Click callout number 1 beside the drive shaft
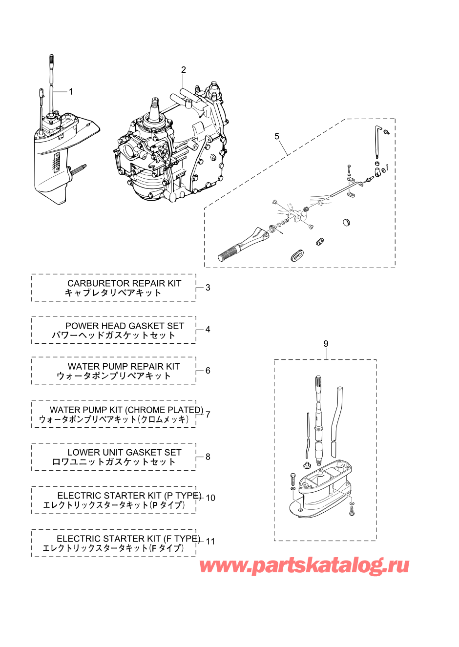(71, 92)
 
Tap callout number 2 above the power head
(184, 70)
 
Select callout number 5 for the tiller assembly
(277, 136)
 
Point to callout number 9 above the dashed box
(326, 344)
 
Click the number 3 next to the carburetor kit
(208, 288)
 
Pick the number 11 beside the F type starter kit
(210, 542)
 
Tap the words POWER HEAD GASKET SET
(125, 326)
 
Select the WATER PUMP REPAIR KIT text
(124, 367)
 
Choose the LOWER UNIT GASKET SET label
(124, 453)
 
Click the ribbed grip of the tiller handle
(228, 254)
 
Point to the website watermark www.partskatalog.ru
(304, 565)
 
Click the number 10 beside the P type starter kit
(210, 498)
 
